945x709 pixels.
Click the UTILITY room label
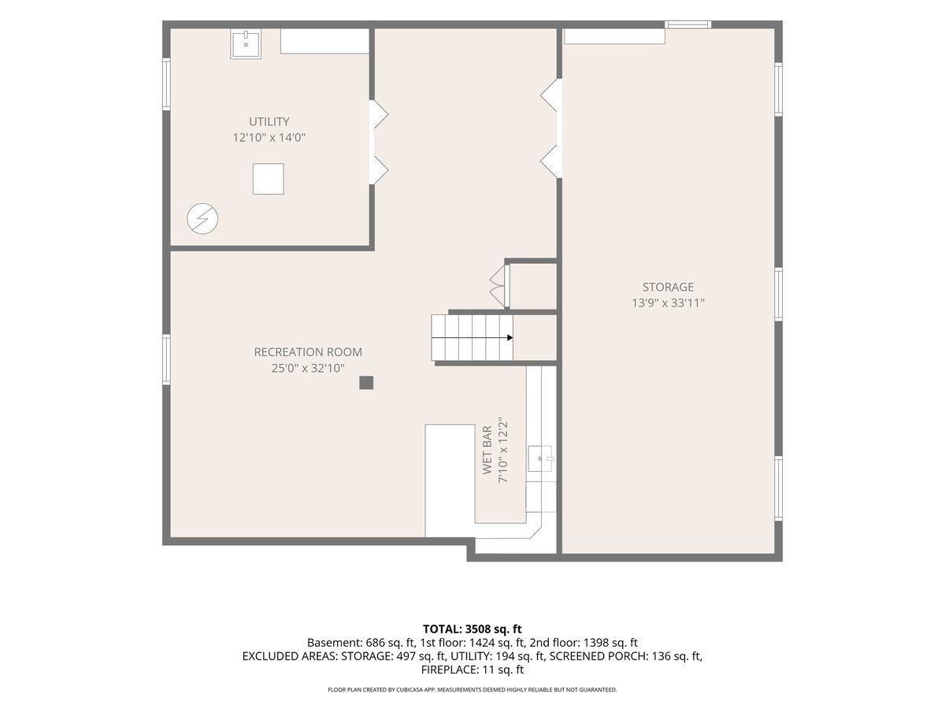click(x=269, y=121)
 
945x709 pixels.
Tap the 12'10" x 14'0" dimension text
click(x=269, y=138)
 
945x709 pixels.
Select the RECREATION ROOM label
click(x=308, y=352)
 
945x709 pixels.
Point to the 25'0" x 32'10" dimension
click(x=308, y=369)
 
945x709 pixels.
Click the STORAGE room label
click(x=668, y=287)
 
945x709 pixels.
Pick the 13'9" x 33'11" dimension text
click(x=668, y=303)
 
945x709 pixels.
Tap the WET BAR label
click(x=487, y=450)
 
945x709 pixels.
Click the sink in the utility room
click(x=246, y=44)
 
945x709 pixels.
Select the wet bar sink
click(x=540, y=459)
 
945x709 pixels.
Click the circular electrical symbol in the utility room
click(x=202, y=219)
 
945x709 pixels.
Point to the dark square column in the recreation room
click(x=366, y=383)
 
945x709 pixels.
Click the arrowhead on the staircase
click(x=510, y=337)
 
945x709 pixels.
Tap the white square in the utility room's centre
click(x=269, y=179)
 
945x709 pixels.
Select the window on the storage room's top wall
click(x=687, y=24)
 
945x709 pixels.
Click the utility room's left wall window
click(x=167, y=84)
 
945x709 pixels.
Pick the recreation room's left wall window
click(x=167, y=359)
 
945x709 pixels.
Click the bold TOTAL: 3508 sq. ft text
click(x=472, y=629)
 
